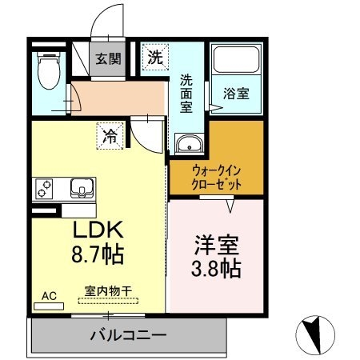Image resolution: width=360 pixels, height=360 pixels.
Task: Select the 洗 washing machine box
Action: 154,58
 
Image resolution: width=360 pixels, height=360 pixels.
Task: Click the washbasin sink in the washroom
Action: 189,144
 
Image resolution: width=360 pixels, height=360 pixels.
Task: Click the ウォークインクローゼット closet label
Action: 216,176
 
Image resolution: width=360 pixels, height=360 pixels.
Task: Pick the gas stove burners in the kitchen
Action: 43,190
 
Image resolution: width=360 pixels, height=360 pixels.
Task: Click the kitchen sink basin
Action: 82,189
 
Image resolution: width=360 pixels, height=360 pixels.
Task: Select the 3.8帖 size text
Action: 217,269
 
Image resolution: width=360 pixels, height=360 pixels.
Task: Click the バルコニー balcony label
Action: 127,334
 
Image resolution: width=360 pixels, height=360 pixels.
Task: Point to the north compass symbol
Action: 315,330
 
